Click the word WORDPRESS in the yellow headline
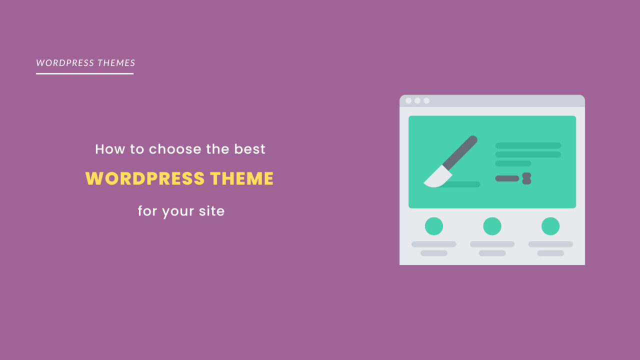point(145,178)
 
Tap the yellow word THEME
point(242,178)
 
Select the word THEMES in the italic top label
point(116,63)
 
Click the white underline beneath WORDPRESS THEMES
point(85,73)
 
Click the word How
point(110,149)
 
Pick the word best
point(249,149)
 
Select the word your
point(177,212)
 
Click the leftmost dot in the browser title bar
point(408,101)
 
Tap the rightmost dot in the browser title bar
point(426,101)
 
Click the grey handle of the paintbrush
point(460,153)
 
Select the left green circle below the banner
point(434,226)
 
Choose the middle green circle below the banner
point(492,226)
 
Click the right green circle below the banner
point(550,226)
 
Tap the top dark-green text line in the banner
point(528,145)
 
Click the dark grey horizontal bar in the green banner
point(507,178)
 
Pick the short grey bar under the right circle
point(550,253)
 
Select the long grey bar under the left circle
point(434,244)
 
